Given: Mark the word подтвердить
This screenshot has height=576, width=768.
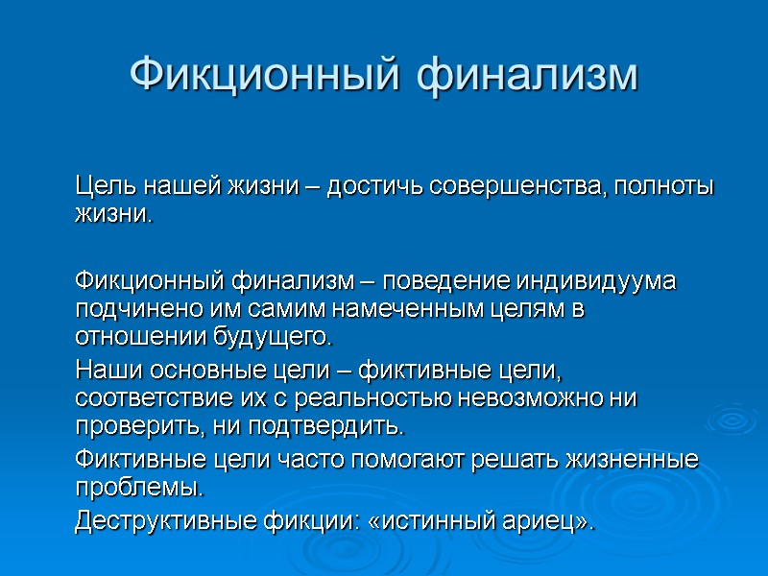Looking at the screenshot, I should point(326,423).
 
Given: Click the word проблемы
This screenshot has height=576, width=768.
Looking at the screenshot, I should point(139,488).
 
